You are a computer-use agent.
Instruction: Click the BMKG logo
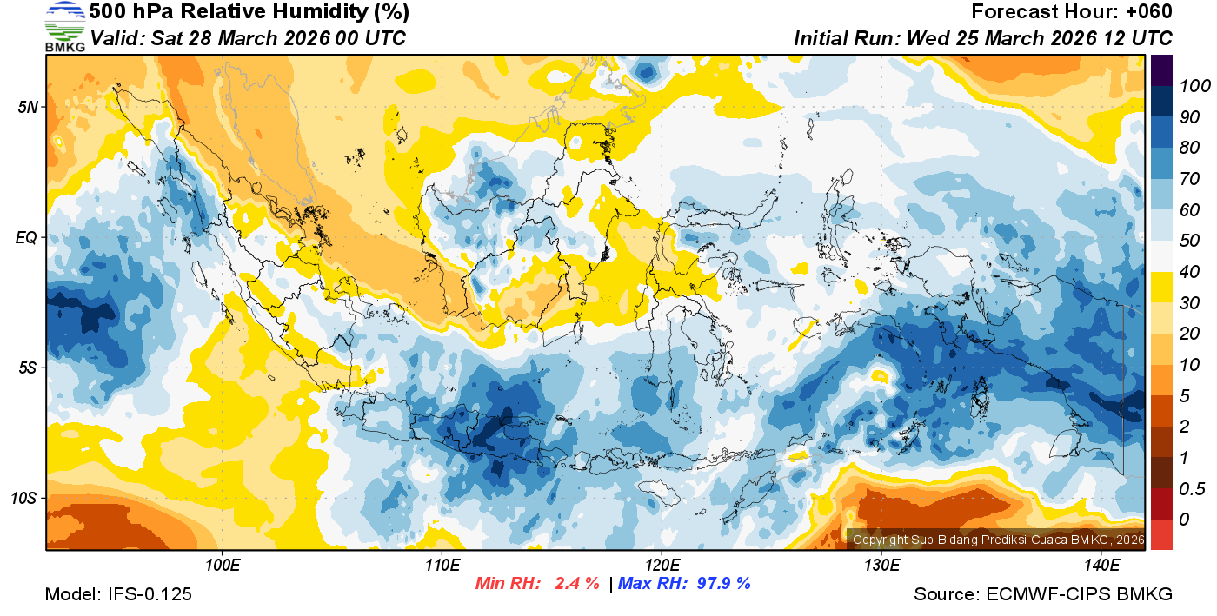point(64,27)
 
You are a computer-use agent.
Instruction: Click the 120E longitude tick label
point(662,566)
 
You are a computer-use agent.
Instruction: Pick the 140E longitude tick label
point(1101,566)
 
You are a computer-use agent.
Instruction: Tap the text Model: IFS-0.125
point(118,594)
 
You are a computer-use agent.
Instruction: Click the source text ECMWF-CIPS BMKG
point(1080,594)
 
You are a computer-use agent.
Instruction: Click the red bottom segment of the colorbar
point(1161,534)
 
